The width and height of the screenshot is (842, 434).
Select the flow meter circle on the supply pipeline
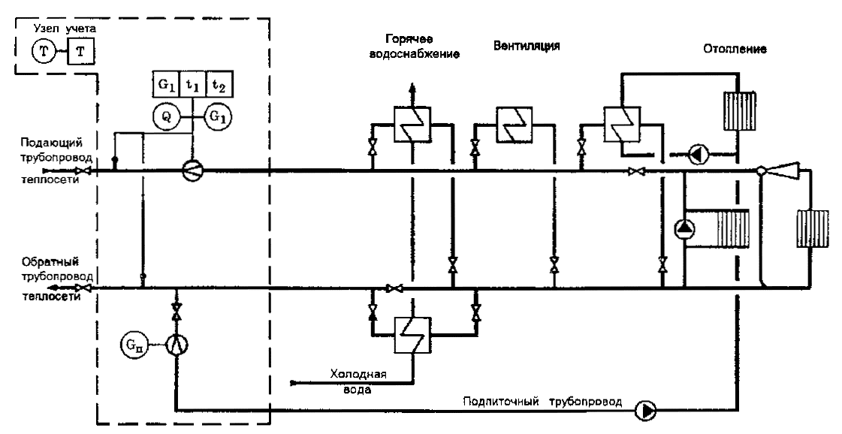(193, 170)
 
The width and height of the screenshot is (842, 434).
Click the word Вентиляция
(527, 45)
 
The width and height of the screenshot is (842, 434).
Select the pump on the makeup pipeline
(645, 410)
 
